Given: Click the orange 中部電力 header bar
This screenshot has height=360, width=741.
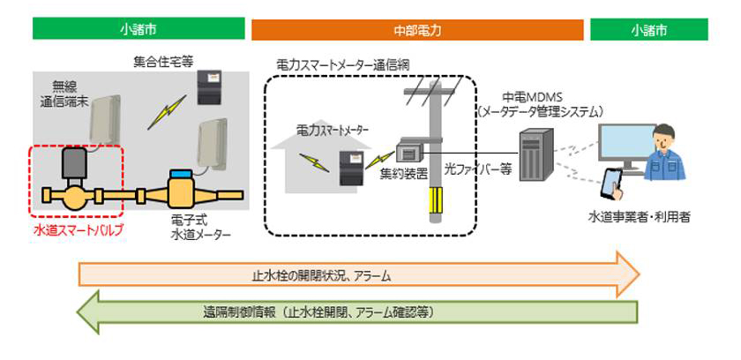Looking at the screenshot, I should point(417,30).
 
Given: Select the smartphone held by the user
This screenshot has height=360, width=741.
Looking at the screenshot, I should point(612,183).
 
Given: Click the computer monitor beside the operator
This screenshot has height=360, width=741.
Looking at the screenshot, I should point(627,145).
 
